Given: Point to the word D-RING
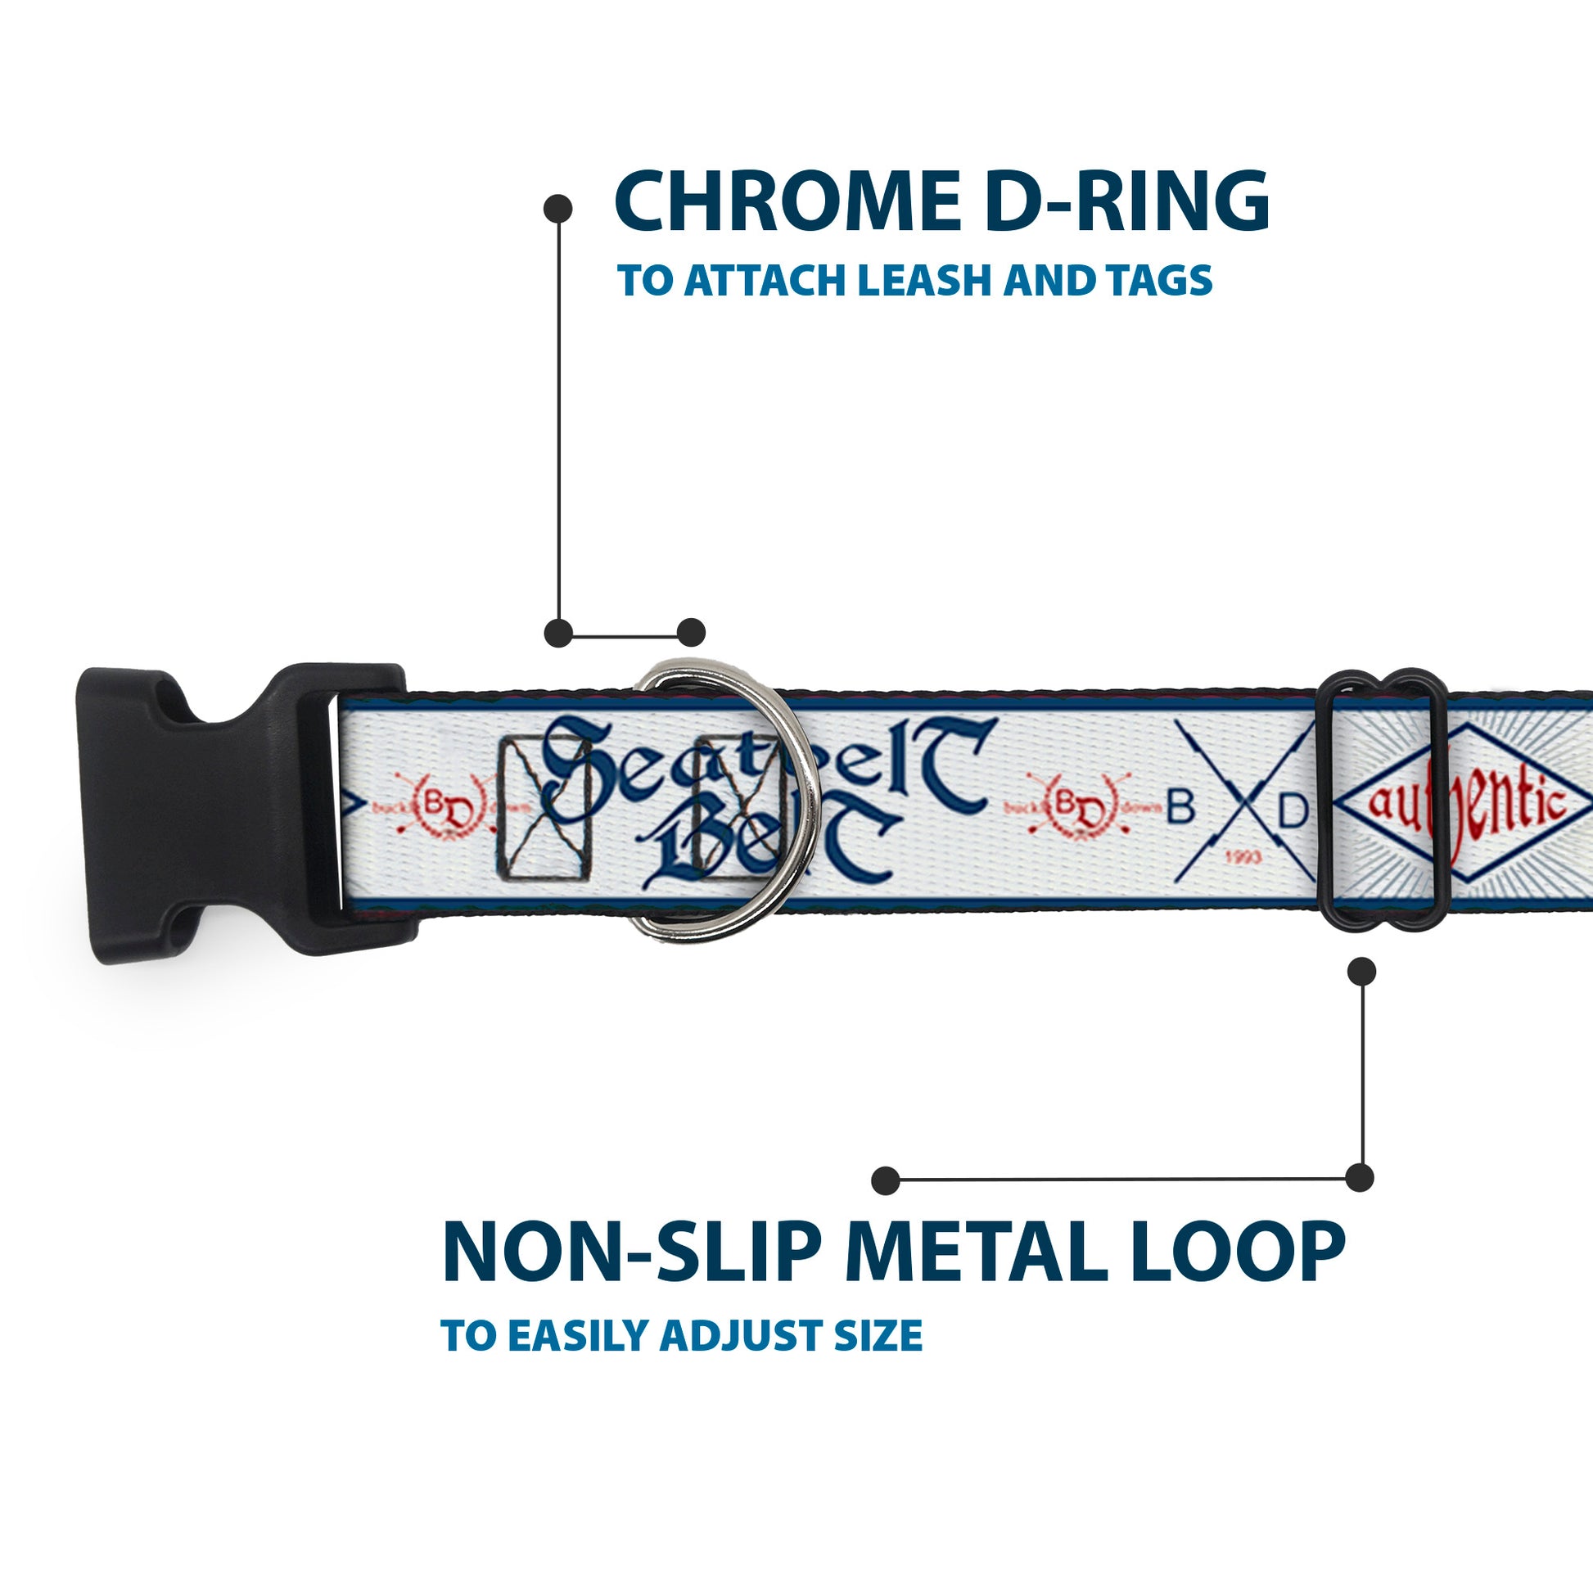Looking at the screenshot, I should (x=1126, y=202).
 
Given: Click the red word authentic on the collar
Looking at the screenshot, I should (x=1467, y=804).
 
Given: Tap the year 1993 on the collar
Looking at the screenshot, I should (x=1244, y=858).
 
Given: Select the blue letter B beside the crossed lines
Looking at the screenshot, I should (x=1180, y=809).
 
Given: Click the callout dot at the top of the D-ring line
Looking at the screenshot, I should (x=558, y=209).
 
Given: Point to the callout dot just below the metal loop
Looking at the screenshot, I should (x=1361, y=972).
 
